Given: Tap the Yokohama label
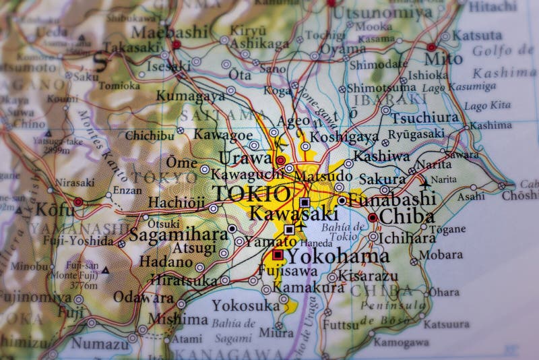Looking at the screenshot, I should click(x=339, y=257).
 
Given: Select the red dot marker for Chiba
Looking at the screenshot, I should click(x=373, y=218).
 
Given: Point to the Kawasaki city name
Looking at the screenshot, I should click(x=294, y=214).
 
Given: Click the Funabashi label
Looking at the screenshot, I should click(x=391, y=200).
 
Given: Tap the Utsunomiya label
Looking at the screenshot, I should click(x=383, y=11).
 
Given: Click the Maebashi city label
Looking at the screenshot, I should click(x=169, y=31).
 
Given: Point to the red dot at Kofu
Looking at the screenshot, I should click(x=79, y=202).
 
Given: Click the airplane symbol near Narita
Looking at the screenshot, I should click(x=424, y=181).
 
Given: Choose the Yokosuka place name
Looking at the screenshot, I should click(x=246, y=305).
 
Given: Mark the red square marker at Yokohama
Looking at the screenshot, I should click(x=277, y=255).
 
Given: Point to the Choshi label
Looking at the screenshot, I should click(x=520, y=196).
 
